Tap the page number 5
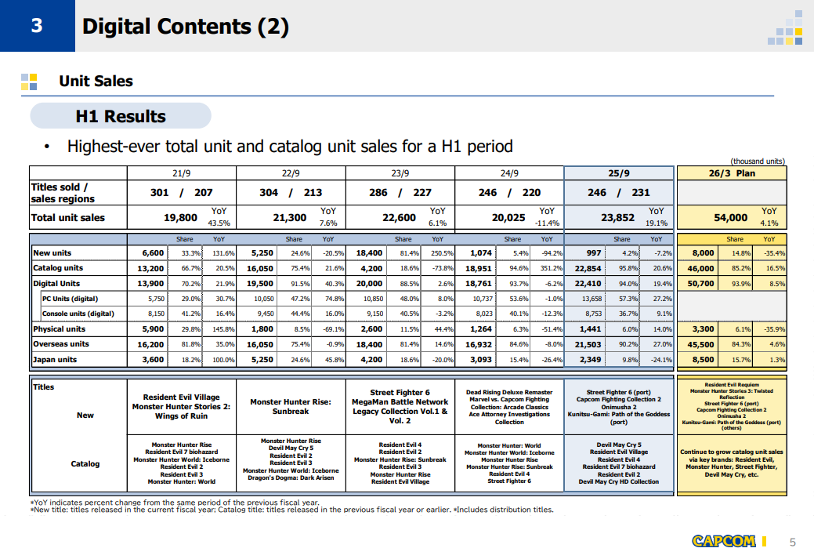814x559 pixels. click(792, 542)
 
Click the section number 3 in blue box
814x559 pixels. click(36, 26)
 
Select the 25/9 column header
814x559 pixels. click(619, 173)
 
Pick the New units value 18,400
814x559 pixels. click(369, 253)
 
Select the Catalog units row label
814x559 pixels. click(59, 268)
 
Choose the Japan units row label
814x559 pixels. click(55, 360)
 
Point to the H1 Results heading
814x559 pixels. click(121, 116)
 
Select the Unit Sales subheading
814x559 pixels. click(96, 81)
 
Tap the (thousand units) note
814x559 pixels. click(757, 162)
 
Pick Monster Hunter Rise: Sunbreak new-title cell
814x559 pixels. click(291, 406)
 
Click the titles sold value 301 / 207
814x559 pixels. click(181, 192)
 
